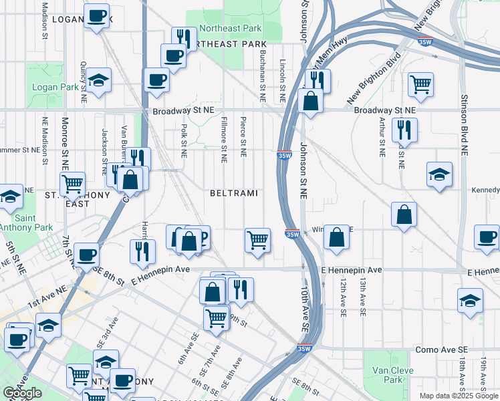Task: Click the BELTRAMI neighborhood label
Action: click(x=233, y=193)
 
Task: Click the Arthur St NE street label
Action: click(x=382, y=136)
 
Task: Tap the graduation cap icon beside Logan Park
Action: click(x=99, y=81)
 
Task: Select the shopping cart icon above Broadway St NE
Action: click(x=420, y=84)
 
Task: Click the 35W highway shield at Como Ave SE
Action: click(x=304, y=348)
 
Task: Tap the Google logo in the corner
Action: click(x=23, y=392)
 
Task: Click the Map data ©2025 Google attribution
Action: click(x=459, y=396)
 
